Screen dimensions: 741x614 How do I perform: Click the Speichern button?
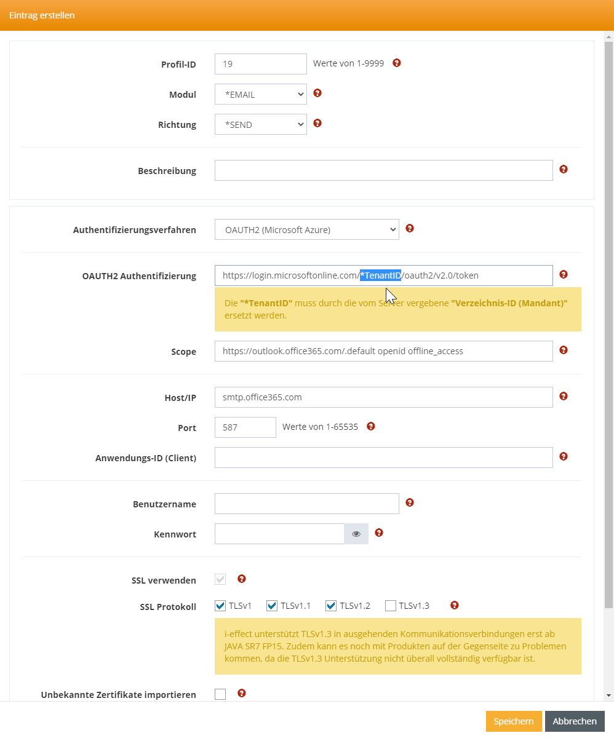point(514,721)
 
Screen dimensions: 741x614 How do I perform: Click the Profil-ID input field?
point(260,64)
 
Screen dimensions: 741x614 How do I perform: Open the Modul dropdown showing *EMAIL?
point(260,94)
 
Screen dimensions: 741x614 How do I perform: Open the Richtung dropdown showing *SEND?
point(260,124)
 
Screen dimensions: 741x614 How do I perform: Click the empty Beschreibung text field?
point(383,170)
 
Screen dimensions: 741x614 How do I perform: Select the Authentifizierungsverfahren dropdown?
point(306,229)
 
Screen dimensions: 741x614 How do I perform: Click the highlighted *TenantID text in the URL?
point(380,275)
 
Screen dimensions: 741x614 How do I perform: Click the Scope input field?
point(383,351)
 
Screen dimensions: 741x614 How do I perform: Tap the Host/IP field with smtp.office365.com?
point(383,397)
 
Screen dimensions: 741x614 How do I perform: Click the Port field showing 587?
point(245,427)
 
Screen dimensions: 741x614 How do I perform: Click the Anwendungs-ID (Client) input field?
point(383,458)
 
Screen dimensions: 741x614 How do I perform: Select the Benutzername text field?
point(306,504)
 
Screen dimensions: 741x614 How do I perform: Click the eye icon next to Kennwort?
point(356,534)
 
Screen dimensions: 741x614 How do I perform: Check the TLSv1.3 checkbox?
point(390,606)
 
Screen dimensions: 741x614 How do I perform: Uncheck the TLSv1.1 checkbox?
point(272,606)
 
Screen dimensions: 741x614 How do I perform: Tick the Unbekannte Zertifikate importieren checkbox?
point(220,694)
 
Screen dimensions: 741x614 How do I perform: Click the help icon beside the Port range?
point(371,426)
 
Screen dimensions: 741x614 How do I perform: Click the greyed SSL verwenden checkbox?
point(220,579)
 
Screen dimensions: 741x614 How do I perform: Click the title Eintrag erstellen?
point(42,15)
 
